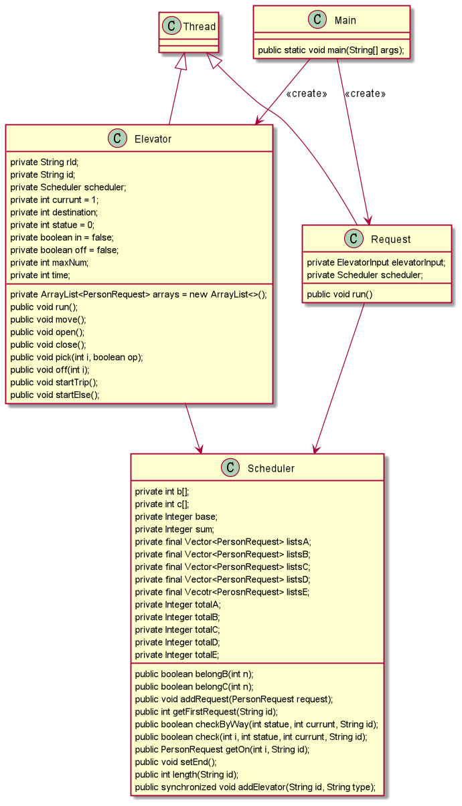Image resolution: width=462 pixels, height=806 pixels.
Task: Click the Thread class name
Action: coord(200,27)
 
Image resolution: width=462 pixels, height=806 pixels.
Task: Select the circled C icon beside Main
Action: coord(317,19)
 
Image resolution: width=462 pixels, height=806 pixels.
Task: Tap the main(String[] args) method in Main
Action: coord(331,51)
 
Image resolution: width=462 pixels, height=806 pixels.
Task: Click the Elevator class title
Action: coord(153,139)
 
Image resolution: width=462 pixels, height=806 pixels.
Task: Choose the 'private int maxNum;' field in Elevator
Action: coord(50,262)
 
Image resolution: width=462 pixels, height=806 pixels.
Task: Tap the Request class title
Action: coord(390,239)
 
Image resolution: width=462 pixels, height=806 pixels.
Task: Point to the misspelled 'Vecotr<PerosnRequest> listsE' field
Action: coord(222,592)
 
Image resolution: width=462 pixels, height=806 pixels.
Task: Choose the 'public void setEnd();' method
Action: coord(176,761)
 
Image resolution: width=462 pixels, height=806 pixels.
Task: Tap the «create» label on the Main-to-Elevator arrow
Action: coord(306,94)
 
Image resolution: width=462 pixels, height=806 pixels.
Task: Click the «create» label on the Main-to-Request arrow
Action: coord(365,94)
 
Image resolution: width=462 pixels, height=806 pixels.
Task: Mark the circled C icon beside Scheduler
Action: coord(230,468)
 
